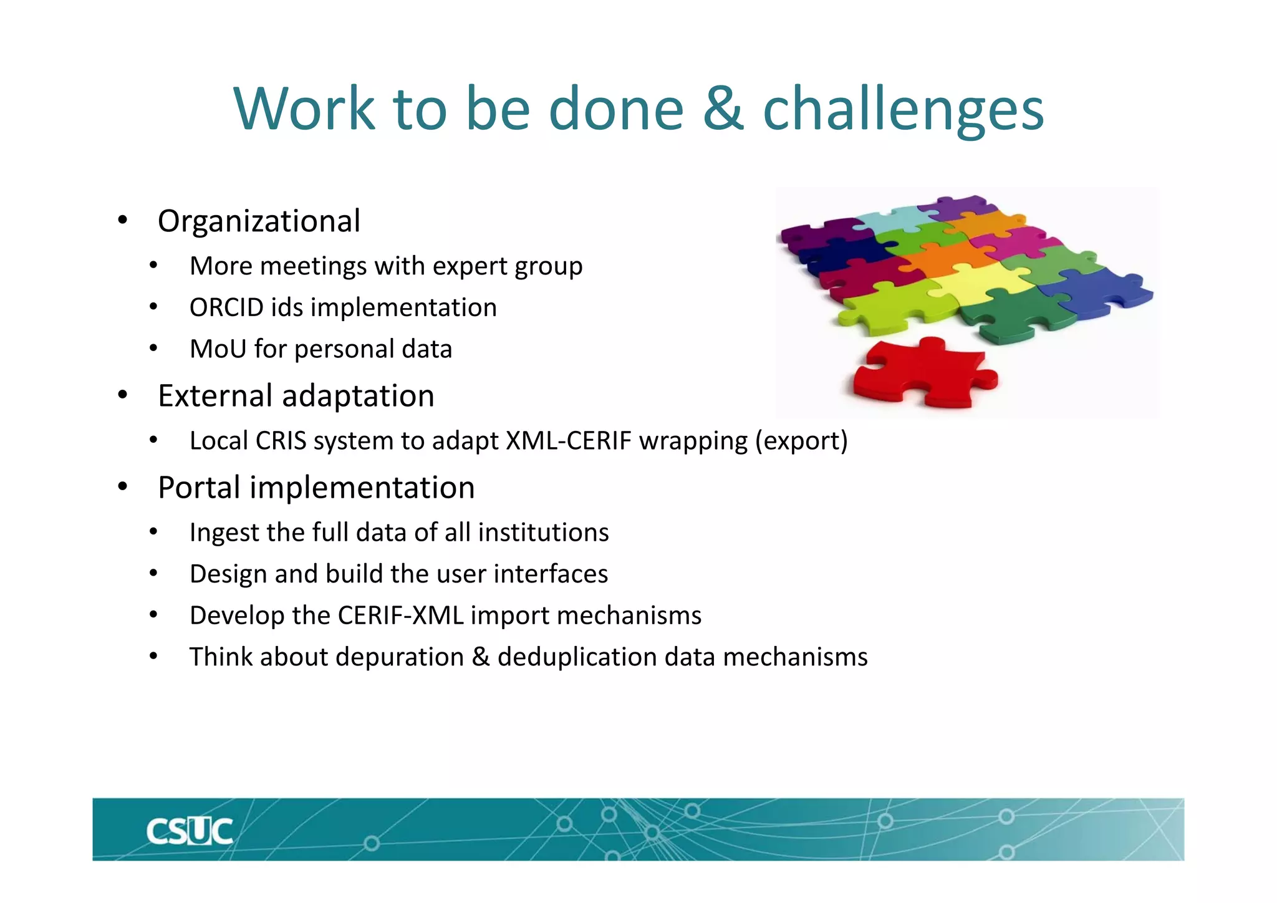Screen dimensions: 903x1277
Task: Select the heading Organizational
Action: click(259, 221)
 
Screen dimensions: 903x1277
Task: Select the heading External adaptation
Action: click(296, 395)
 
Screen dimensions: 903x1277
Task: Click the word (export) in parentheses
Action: click(801, 441)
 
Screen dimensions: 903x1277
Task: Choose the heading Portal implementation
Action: click(316, 487)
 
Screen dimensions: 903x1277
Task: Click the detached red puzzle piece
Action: click(923, 374)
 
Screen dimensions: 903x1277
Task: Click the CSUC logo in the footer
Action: click(190, 831)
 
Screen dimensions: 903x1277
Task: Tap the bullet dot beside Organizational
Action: click(123, 220)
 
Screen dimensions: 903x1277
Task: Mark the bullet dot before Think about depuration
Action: click(153, 656)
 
